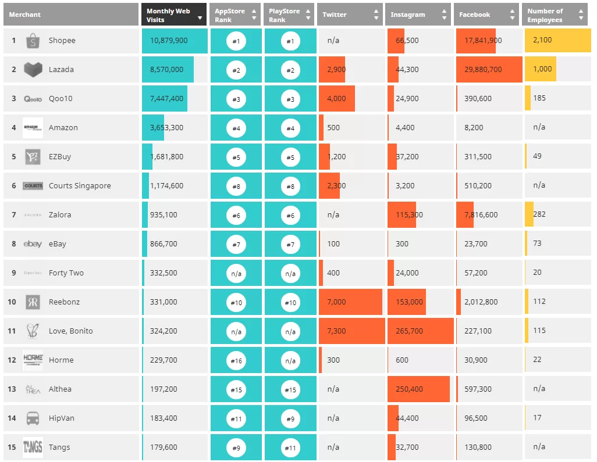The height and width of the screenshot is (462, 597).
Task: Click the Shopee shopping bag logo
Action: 33,41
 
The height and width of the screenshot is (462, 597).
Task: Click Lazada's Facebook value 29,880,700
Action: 483,70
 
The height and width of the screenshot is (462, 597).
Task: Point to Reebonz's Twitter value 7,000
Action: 336,302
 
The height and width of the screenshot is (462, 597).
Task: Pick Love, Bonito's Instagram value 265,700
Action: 409,331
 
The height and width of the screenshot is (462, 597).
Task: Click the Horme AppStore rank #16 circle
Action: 236,360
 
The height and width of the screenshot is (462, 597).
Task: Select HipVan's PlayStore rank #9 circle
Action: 290,418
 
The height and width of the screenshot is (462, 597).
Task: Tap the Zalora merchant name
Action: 60,214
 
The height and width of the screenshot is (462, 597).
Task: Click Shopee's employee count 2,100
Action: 542,40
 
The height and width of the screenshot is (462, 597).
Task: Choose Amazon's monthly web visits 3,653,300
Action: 166,127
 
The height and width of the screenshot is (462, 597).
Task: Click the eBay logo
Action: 33,243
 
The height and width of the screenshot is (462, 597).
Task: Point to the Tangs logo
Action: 33,447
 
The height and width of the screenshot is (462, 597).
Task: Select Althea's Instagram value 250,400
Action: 409,389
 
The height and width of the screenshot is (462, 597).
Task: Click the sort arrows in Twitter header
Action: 376,15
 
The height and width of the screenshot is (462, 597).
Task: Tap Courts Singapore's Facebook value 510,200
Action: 478,185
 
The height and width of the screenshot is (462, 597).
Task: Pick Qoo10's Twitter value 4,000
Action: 336,98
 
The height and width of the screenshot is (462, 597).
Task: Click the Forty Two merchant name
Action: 66,273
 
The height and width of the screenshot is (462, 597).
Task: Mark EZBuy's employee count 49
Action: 537,156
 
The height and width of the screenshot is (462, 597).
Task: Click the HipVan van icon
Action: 33,418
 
